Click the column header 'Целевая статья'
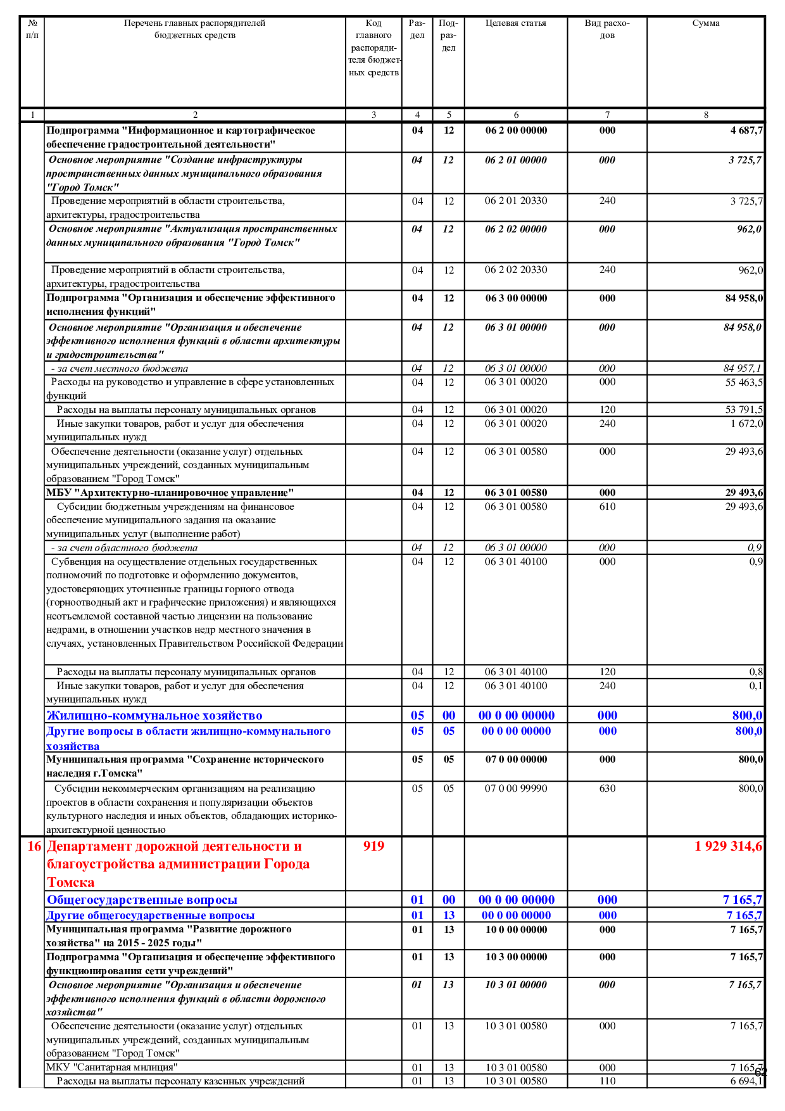515,23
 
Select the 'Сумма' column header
705,23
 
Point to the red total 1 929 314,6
728,846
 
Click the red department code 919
374,846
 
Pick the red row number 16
34,846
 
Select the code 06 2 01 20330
516,201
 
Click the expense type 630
607,789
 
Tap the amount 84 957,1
743,368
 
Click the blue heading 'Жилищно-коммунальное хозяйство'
154,716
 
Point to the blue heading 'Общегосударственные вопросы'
142,900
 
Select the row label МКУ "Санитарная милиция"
111,1067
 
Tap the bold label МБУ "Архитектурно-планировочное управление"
170,493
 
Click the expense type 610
607,507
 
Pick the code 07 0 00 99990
516,789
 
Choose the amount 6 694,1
746,1081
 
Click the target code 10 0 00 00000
516,930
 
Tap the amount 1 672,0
746,424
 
